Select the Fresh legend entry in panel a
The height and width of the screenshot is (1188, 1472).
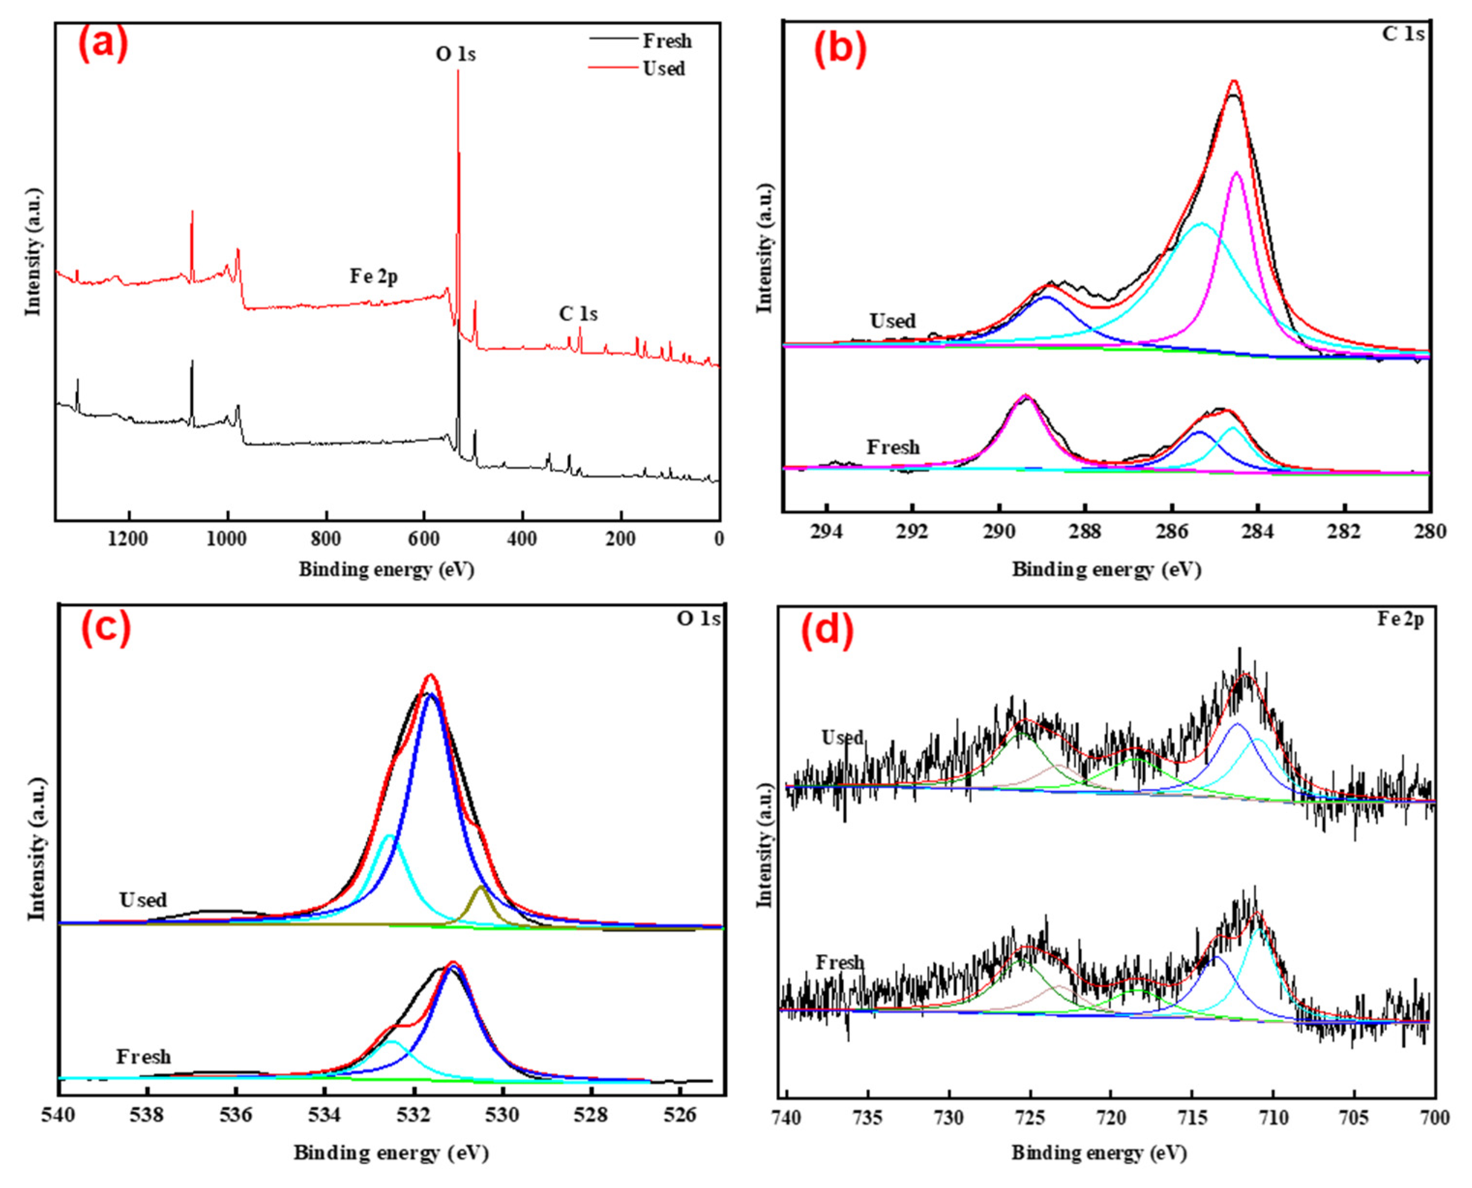click(x=666, y=41)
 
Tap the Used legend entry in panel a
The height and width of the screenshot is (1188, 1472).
click(x=663, y=69)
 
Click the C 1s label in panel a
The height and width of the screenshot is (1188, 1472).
click(x=578, y=313)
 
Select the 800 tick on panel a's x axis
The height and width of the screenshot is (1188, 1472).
click(x=326, y=539)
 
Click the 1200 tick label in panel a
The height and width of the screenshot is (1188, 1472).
click(x=128, y=539)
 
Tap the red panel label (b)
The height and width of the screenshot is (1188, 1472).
click(x=839, y=49)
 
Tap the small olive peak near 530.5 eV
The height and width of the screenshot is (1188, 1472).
click(x=481, y=888)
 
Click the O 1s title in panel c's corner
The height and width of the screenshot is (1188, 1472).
click(x=698, y=618)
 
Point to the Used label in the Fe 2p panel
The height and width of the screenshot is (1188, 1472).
click(x=842, y=738)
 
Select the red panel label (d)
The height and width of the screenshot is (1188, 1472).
click(x=827, y=629)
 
